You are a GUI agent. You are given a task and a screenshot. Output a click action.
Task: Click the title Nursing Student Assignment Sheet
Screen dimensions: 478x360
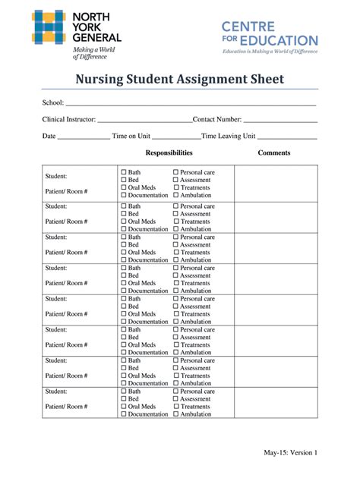pyautogui.click(x=178, y=80)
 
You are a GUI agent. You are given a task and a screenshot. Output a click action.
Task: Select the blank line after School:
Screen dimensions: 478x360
pyautogui.click(x=190, y=104)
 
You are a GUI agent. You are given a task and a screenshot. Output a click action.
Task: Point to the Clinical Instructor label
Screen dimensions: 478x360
pyautogui.click(x=68, y=119)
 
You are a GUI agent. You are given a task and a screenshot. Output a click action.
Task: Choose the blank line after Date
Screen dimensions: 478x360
pyautogui.click(x=84, y=137)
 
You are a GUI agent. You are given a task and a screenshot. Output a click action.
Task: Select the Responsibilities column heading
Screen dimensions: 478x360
pyautogui.click(x=169, y=153)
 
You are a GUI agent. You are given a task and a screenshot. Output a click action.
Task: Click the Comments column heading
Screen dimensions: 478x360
pyautogui.click(x=274, y=153)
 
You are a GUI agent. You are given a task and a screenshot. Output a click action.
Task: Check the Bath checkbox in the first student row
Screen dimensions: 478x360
pyautogui.click(x=124, y=173)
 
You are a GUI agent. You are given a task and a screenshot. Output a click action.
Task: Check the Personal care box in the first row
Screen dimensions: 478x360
pyautogui.click(x=176, y=173)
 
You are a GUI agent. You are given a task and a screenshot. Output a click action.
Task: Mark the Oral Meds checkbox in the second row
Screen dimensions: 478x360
pyautogui.click(x=124, y=222)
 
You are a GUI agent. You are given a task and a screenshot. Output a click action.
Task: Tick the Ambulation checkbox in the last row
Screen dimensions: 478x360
pyautogui.click(x=176, y=414)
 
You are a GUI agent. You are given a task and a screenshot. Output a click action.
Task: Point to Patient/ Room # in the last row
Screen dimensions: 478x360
pyautogui.click(x=67, y=407)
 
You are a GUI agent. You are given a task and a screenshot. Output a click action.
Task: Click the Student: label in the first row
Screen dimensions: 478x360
pyautogui.click(x=56, y=175)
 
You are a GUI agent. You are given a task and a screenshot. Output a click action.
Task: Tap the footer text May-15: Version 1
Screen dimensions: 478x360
pyautogui.click(x=291, y=453)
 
